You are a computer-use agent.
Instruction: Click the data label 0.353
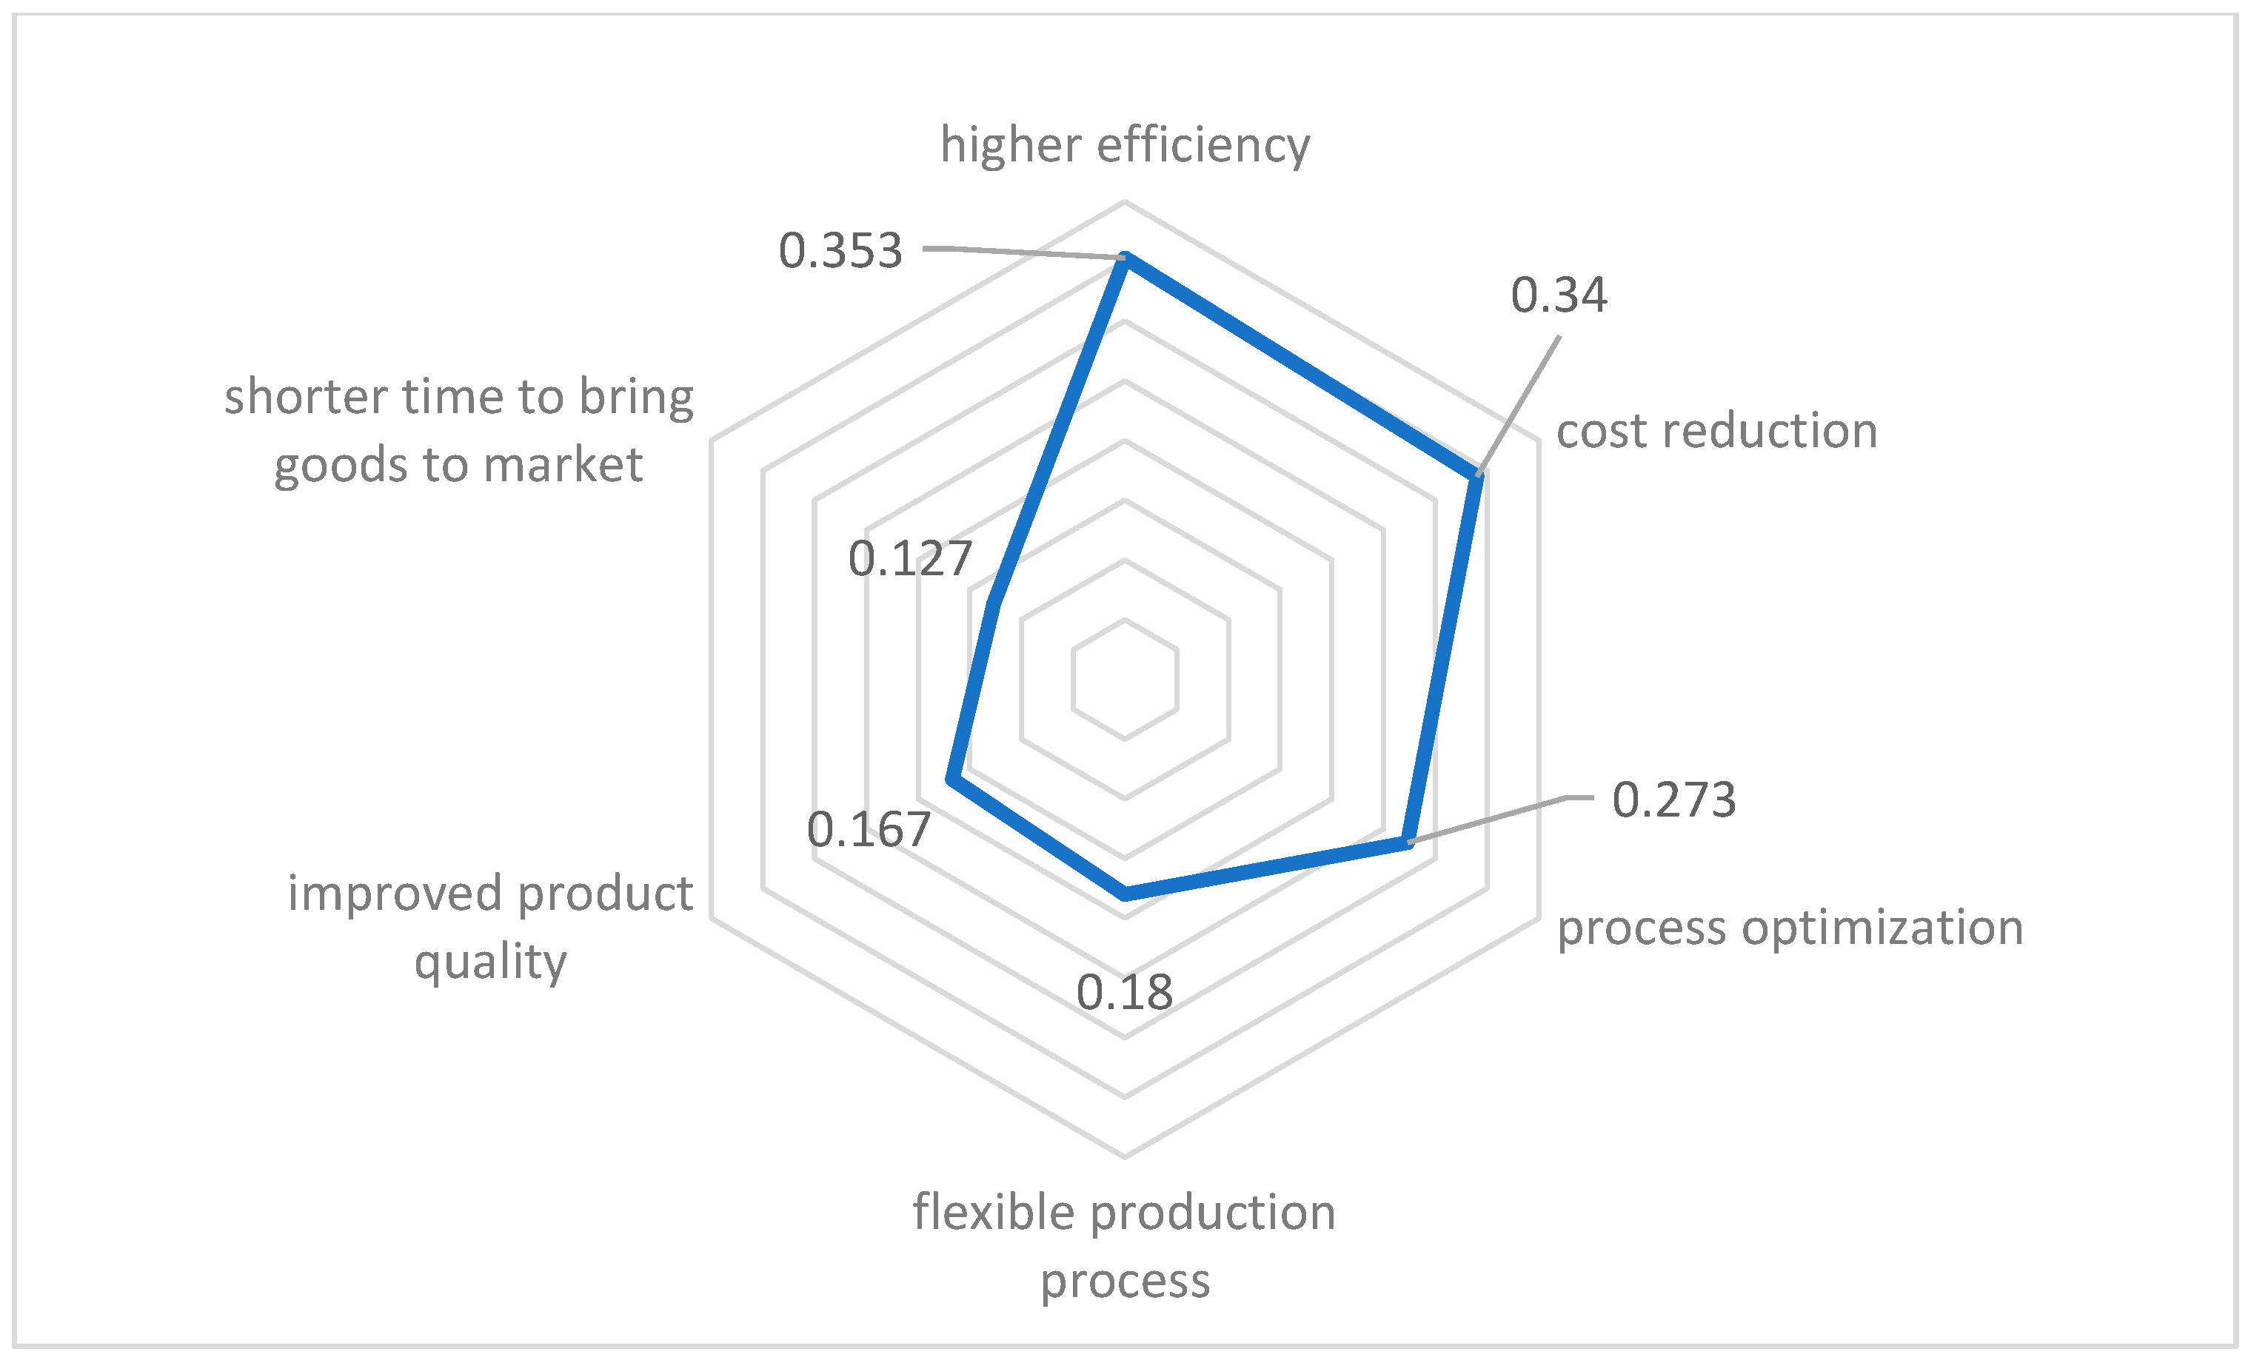(x=840, y=250)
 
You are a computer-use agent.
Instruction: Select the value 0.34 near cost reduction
(x=1559, y=295)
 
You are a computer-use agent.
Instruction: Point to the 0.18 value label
(x=1124, y=992)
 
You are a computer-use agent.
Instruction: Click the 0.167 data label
(x=868, y=829)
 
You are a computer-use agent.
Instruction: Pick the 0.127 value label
(x=910, y=558)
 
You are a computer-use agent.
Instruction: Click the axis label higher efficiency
(x=1125, y=145)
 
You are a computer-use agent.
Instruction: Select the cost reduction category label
(x=1716, y=430)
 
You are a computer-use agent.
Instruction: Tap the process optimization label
(x=1790, y=927)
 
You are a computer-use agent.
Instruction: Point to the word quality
(x=491, y=962)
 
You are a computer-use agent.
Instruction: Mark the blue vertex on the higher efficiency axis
(x=1125, y=258)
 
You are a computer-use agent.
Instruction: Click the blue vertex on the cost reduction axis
(x=1477, y=476)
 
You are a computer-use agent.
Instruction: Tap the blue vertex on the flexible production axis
(x=1125, y=894)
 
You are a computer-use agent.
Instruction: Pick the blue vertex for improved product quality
(x=952, y=779)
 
